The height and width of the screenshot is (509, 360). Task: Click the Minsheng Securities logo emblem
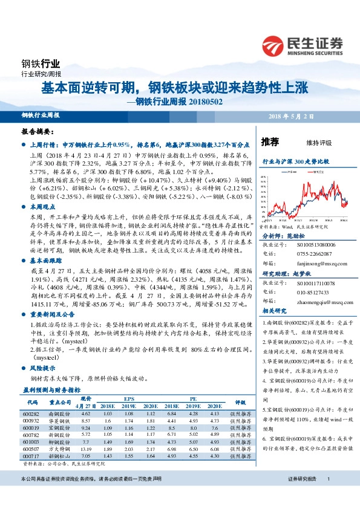(273, 45)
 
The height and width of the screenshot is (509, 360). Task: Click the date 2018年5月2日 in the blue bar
(318, 115)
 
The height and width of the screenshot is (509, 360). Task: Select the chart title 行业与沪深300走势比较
(295, 162)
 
